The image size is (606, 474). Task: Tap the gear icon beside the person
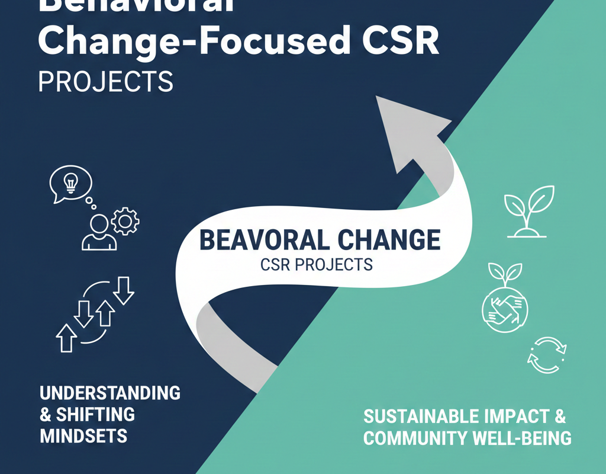point(124,221)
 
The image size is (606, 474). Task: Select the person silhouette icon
point(99,233)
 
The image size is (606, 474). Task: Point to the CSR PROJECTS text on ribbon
point(317,264)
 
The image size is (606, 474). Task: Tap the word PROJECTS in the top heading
point(106,82)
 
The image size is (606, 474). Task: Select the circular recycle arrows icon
point(547,355)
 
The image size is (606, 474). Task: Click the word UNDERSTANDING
point(110,393)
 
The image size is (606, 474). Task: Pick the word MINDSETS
point(83,437)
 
